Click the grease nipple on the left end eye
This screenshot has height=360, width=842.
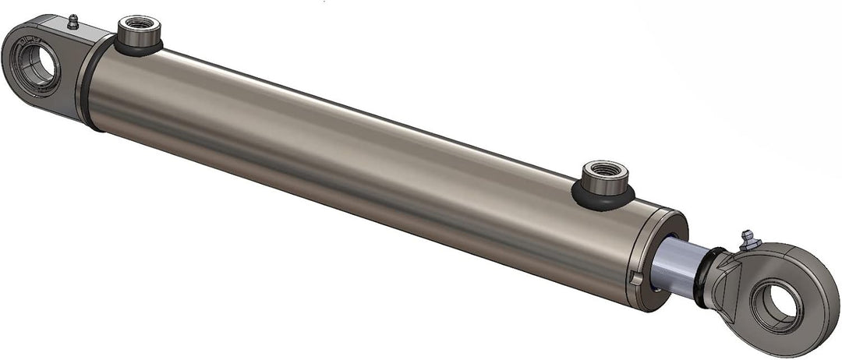click(73, 22)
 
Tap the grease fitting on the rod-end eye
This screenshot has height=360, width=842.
click(749, 240)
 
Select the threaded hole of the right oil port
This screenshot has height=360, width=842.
click(603, 169)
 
